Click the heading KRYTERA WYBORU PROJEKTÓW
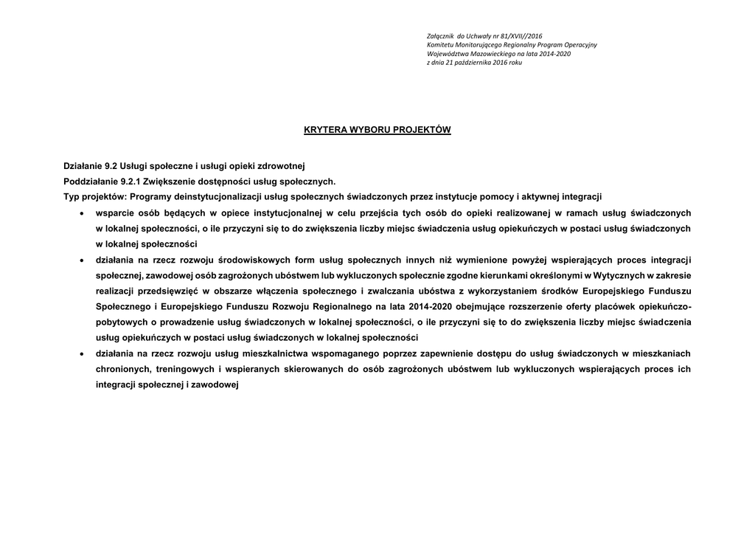pos(377,130)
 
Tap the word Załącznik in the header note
pos(441,35)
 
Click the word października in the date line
pos(479,63)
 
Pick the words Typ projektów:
pos(94,197)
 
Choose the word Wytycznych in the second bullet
pos(615,275)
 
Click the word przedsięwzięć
pos(167,291)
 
